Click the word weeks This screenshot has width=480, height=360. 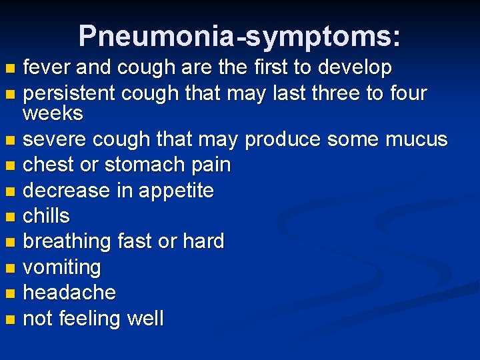[x=53, y=113]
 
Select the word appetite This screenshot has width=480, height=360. [x=177, y=191]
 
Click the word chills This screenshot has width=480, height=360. [x=46, y=216]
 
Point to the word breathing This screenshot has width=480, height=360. [x=67, y=242]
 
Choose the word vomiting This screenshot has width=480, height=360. [x=62, y=268]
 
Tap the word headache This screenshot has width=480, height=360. [x=69, y=293]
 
